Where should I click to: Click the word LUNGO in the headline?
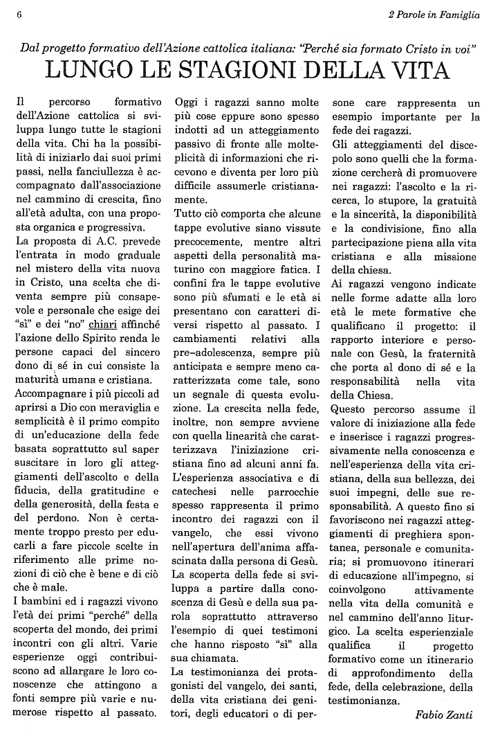(x=83, y=71)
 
